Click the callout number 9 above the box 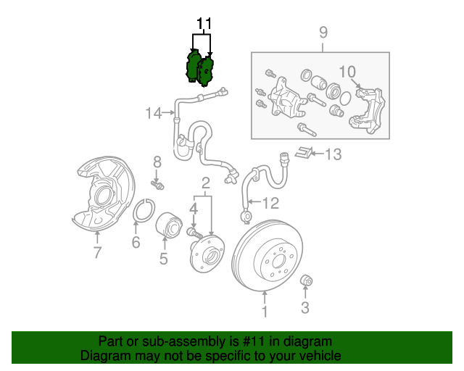pos(323,33)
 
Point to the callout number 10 pos(347,71)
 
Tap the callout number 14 pos(153,113)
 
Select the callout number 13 pos(332,154)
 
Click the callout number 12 pos(270,203)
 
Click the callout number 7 pos(97,252)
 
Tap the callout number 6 pos(136,243)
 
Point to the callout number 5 pos(164,258)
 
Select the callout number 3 pos(305,308)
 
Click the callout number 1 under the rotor pos(265,312)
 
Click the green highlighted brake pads pos(200,67)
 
